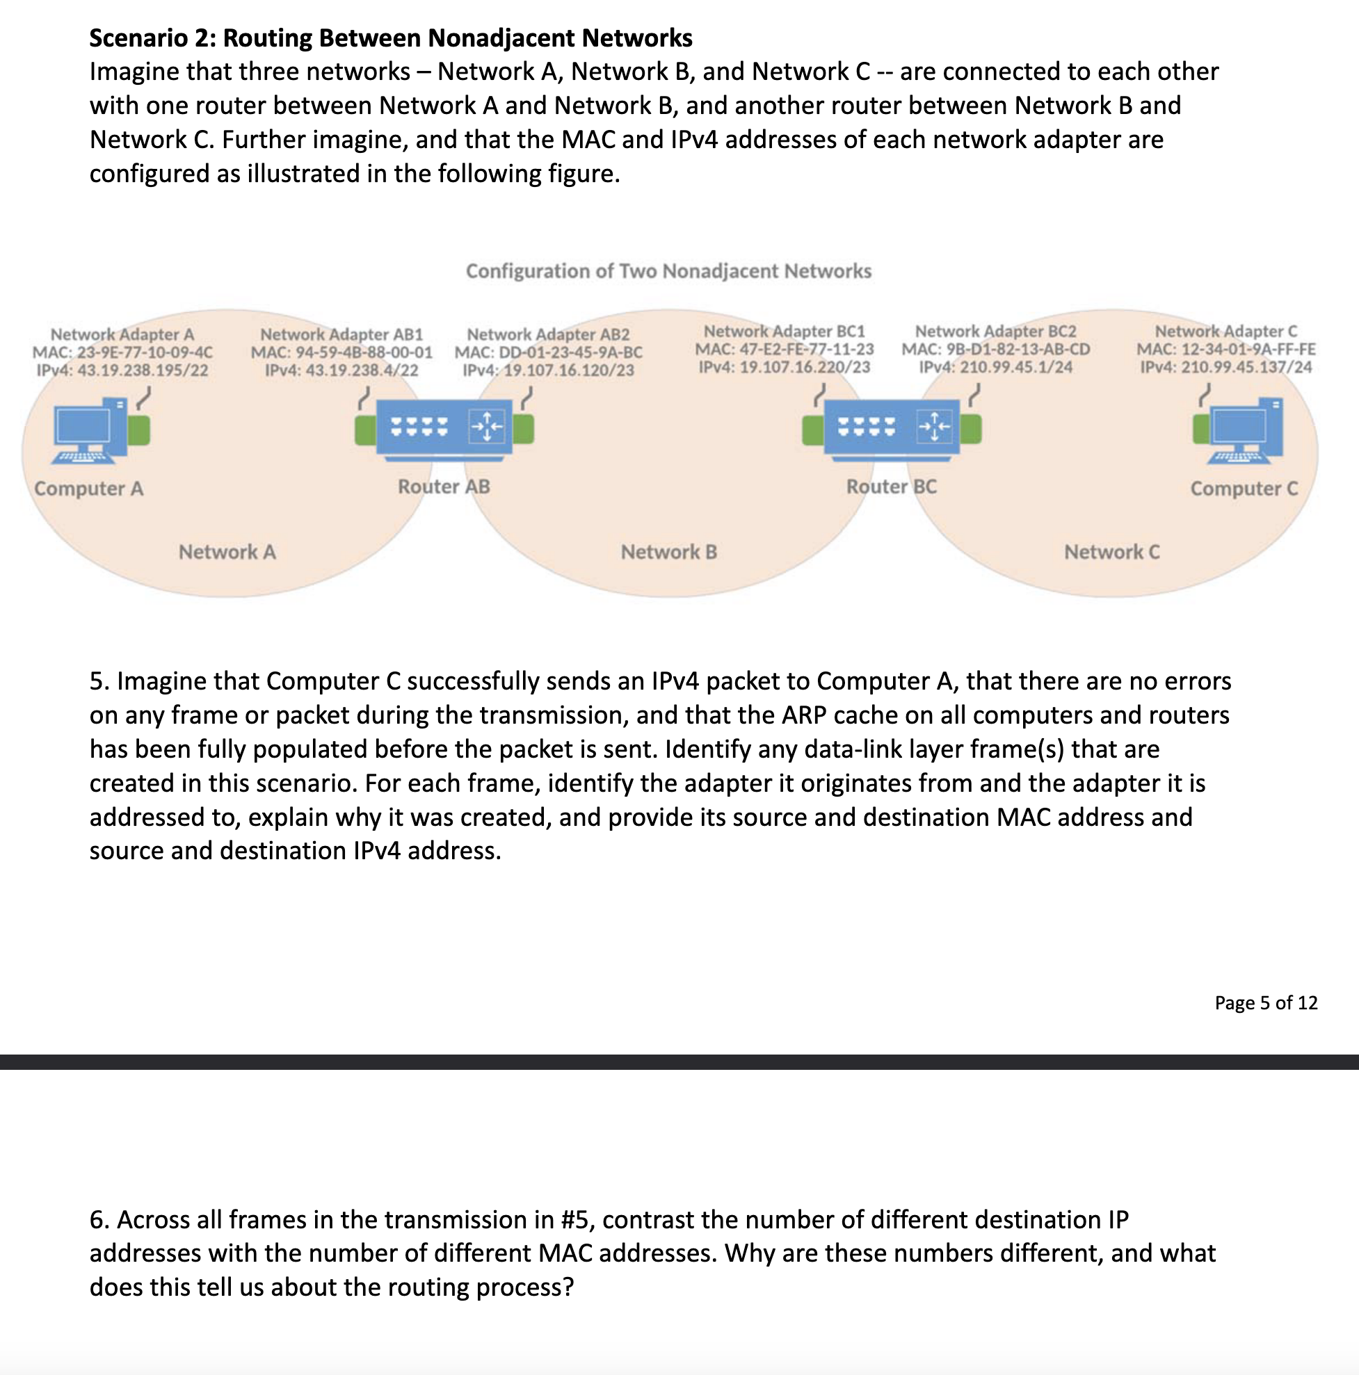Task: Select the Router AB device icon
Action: (444, 427)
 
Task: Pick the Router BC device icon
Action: (892, 427)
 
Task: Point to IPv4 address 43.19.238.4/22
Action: (341, 370)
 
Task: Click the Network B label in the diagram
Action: (668, 551)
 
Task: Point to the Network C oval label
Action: (1111, 551)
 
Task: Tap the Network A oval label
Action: (227, 551)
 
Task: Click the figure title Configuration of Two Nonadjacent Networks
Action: (668, 271)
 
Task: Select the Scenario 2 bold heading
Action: (391, 38)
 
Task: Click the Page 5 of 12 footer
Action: (1266, 1003)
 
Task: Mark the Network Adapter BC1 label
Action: (784, 331)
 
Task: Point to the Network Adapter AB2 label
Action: (548, 334)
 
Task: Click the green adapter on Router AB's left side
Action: (365, 430)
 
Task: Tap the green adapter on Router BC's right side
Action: (970, 429)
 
